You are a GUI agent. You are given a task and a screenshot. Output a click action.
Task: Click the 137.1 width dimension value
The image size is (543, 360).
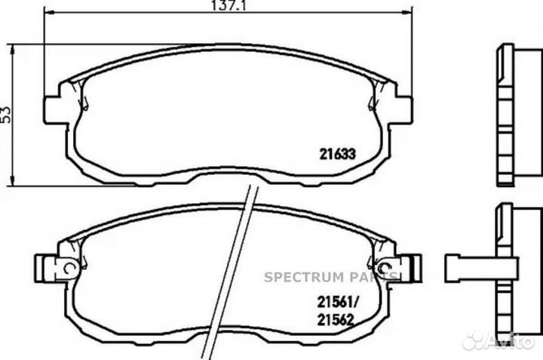click(229, 5)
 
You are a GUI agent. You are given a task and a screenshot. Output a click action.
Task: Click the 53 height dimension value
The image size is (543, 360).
click(6, 115)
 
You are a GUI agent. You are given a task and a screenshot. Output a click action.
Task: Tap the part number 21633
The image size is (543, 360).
click(337, 154)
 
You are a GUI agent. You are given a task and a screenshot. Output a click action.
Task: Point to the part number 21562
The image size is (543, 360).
click(335, 320)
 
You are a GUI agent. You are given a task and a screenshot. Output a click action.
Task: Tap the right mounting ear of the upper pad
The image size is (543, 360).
click(404, 109)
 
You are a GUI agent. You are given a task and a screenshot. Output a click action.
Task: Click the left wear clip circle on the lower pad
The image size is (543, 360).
click(69, 267)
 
